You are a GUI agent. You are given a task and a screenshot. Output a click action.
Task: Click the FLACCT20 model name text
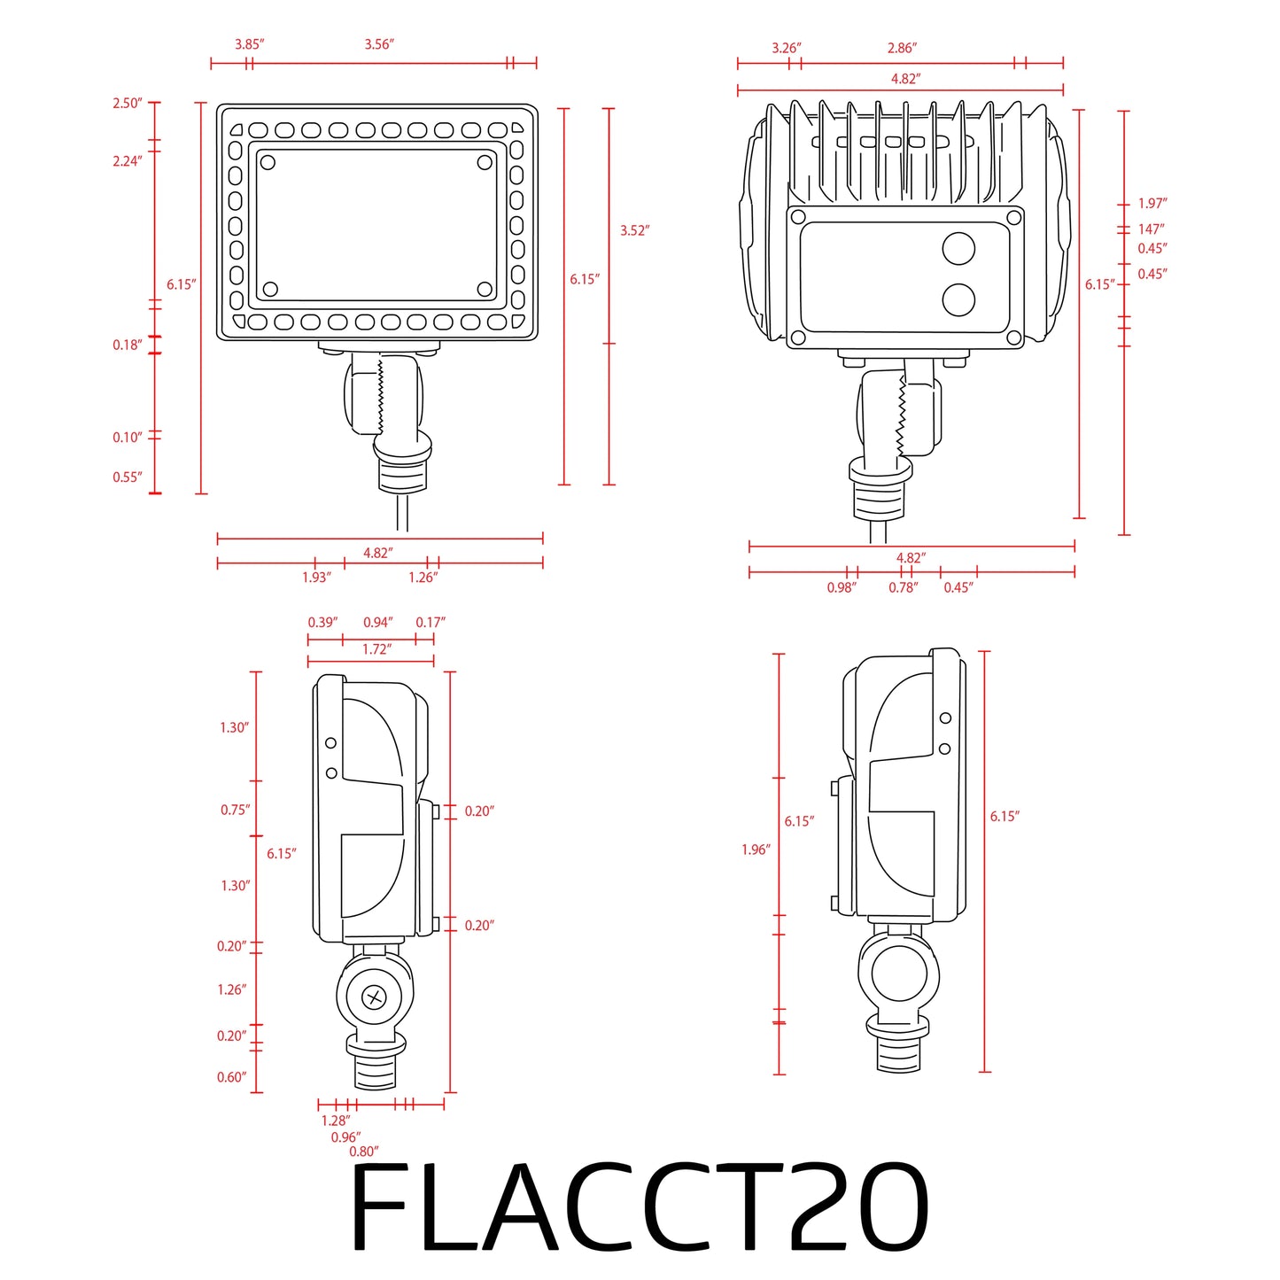[640, 1206]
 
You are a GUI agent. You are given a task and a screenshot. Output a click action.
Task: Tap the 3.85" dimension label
[249, 44]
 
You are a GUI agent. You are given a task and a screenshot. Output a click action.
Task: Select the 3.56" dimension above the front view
[378, 44]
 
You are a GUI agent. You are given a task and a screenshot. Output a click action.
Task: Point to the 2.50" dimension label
[127, 104]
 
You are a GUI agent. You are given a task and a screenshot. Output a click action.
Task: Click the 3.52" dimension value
[634, 231]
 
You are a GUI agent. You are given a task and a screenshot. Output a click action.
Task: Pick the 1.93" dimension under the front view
[316, 578]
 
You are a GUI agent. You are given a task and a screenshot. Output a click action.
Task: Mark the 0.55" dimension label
[127, 477]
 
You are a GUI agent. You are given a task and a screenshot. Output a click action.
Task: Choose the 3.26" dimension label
[786, 48]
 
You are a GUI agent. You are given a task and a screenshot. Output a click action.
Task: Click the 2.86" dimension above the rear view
[902, 48]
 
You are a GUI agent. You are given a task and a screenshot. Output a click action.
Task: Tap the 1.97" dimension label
[1152, 204]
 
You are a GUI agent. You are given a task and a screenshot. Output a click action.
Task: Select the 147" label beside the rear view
[1152, 229]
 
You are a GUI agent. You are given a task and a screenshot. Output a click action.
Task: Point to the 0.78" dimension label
[904, 587]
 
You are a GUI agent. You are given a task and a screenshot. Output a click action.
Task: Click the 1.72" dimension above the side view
[376, 649]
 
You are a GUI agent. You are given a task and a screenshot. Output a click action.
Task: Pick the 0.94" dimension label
[377, 623]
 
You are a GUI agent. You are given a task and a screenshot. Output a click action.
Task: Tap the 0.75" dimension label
[235, 810]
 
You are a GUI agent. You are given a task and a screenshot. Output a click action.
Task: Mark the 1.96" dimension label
[756, 850]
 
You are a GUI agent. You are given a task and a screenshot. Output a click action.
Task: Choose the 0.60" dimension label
[231, 1077]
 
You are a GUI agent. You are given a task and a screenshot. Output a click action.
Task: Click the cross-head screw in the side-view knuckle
[375, 998]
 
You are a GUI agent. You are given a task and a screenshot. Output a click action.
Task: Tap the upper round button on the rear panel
[958, 249]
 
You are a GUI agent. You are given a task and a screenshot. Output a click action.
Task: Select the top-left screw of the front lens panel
[268, 162]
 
